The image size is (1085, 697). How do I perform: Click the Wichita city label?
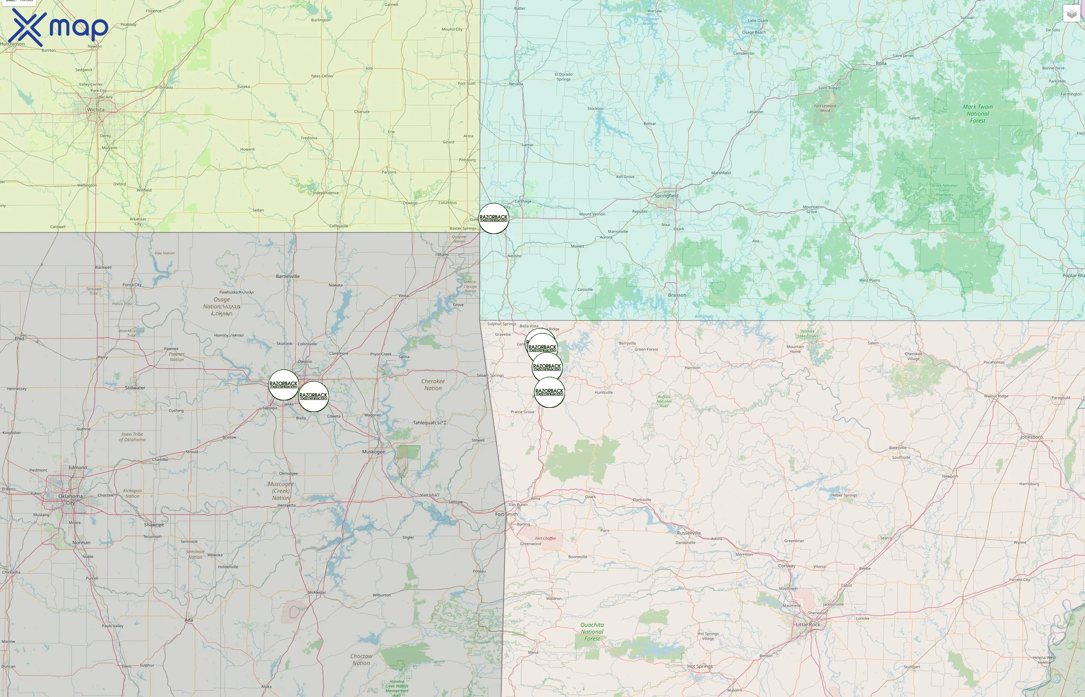pos(96,110)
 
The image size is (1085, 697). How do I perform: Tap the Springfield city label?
pos(666,196)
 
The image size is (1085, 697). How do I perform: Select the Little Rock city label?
pos(808,625)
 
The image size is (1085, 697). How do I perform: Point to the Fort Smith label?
pos(506,514)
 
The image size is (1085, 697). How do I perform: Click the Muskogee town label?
pos(374,452)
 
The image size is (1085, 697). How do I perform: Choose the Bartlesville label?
pos(288,276)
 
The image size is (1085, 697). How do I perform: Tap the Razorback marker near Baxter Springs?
pos(494,218)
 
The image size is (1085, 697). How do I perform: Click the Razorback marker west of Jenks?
pos(284,385)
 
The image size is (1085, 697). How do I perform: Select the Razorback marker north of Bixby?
pos(313,397)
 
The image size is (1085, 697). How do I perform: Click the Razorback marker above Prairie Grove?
pos(549,392)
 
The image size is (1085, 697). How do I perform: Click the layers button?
pos(1071,14)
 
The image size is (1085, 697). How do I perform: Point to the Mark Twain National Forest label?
pos(978,113)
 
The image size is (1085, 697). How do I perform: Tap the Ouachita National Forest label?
pos(592,632)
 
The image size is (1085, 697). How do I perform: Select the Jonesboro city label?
pos(1032,437)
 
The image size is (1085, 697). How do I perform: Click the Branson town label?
pos(677,295)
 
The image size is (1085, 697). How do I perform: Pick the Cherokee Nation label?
pos(433,385)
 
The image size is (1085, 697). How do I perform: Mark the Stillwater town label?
pos(135,388)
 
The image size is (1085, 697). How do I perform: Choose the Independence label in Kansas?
pos(325,193)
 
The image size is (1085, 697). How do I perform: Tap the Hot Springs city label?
pos(700,666)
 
